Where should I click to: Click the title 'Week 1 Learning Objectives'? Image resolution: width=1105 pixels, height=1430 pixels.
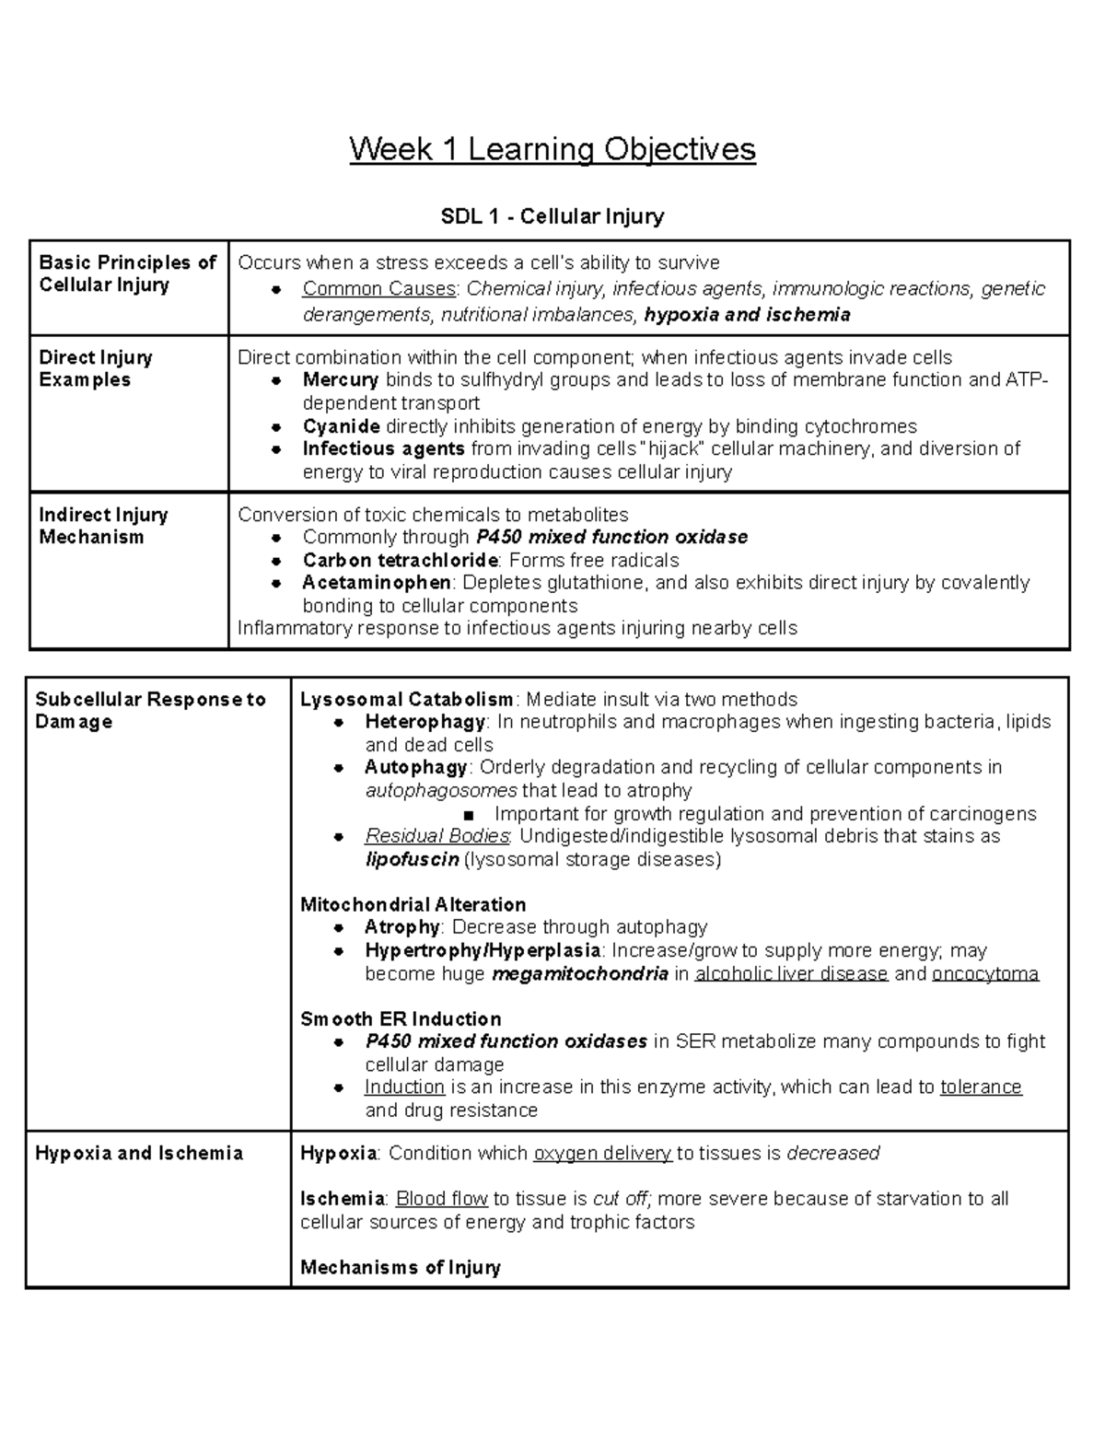552,149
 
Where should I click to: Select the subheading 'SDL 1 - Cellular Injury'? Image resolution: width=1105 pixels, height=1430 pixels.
552,216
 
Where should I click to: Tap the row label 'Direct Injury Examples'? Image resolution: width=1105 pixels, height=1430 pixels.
96,368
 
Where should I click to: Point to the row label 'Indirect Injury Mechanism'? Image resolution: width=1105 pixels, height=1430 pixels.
103,526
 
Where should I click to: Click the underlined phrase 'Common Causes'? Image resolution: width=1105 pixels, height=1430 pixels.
379,289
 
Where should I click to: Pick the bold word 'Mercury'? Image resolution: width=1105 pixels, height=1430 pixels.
341,380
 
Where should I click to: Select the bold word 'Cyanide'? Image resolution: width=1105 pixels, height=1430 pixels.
342,426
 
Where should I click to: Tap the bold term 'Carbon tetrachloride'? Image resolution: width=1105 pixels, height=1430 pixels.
401,561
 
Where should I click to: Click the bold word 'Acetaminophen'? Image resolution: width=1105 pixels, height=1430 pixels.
377,583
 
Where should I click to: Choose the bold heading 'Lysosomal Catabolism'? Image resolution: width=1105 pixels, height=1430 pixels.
407,700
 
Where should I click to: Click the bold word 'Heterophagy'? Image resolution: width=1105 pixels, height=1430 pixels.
425,722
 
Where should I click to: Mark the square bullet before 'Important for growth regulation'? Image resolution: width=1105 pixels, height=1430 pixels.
470,815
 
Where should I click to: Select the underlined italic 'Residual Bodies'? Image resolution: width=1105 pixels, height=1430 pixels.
437,837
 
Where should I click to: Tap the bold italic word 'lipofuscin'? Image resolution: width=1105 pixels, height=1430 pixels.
412,860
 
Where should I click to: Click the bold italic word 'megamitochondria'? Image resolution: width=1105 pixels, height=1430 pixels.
580,974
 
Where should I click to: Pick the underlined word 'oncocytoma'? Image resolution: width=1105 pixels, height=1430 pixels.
985,974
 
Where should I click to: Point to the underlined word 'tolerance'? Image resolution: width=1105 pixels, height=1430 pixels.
981,1087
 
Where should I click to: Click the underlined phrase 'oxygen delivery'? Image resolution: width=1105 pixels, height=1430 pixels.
602,1154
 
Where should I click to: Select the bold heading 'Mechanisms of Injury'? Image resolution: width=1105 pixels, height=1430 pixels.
401,1268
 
